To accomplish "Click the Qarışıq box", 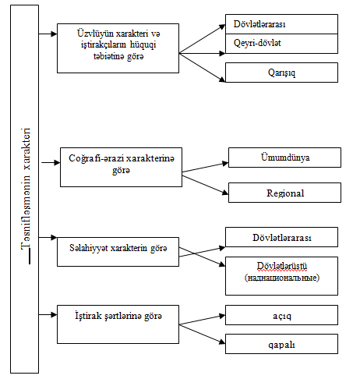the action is click(x=281, y=73).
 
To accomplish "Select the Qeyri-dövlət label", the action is click(x=257, y=43).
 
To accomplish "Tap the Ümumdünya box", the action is click(x=284, y=158).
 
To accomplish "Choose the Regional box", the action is click(x=284, y=193).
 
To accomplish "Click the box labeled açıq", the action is click(x=281, y=315).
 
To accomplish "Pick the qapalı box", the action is click(x=281, y=344).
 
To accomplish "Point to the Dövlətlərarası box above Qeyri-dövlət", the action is click(x=281, y=24).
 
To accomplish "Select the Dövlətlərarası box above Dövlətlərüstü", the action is click(x=281, y=237).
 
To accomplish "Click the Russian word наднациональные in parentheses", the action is click(x=282, y=278).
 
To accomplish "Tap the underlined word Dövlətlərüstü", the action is click(x=282, y=266).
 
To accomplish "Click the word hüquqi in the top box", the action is click(x=143, y=45).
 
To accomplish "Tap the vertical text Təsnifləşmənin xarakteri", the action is click(x=26, y=189).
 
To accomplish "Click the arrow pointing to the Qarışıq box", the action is click(x=202, y=68).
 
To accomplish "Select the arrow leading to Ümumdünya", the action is click(x=205, y=168).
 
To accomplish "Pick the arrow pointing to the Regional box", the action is click(x=205, y=185).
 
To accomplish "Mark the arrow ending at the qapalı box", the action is click(x=202, y=335).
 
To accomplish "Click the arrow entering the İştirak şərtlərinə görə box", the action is click(x=48, y=315).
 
